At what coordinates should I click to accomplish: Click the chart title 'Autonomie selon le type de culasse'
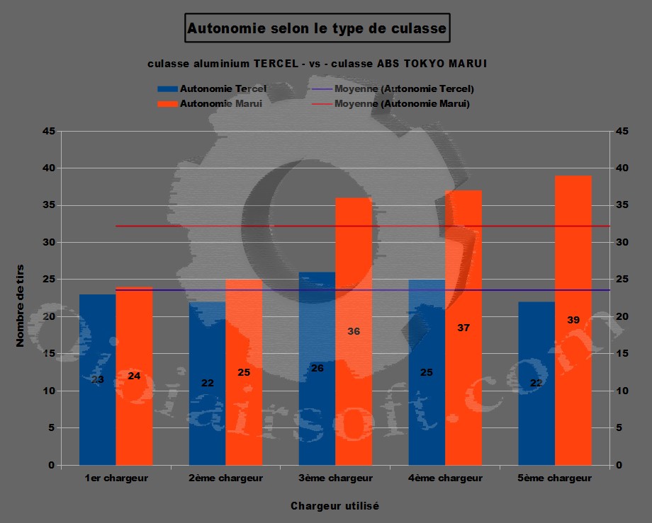pyautogui.click(x=316, y=29)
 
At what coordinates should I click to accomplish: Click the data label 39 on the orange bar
pyautogui.click(x=573, y=320)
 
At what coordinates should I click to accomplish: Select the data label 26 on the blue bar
pyautogui.click(x=317, y=368)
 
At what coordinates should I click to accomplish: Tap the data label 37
pyautogui.click(x=463, y=328)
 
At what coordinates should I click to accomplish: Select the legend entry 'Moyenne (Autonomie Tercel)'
pyautogui.click(x=404, y=89)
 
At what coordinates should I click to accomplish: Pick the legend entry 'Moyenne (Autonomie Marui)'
pyautogui.click(x=402, y=104)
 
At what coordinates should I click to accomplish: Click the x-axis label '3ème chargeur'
pyautogui.click(x=335, y=478)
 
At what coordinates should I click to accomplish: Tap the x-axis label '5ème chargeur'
pyautogui.click(x=554, y=478)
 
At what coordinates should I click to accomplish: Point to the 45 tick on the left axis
pyautogui.click(x=48, y=131)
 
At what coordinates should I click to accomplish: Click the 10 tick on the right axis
pyautogui.click(x=621, y=391)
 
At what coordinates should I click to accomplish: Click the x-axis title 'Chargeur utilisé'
pyautogui.click(x=335, y=506)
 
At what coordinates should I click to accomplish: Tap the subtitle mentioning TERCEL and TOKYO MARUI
pyautogui.click(x=317, y=64)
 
